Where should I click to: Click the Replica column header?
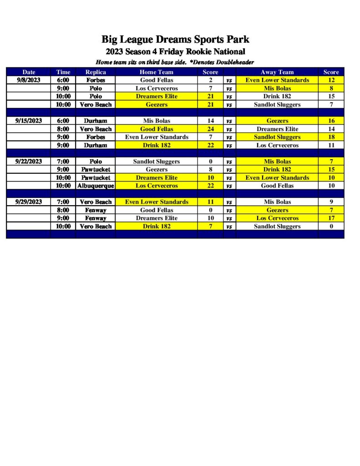(96, 72)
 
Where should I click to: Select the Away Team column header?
(277, 72)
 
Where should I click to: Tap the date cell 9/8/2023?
(29, 80)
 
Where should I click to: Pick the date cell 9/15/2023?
(29, 121)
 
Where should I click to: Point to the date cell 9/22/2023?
(29, 162)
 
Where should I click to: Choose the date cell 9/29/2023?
(29, 202)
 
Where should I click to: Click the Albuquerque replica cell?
(96, 186)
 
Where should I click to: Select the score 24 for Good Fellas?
(210, 129)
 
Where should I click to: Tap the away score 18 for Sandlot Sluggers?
(331, 137)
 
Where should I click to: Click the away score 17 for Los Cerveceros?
(331, 218)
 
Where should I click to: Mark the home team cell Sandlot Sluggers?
(157, 162)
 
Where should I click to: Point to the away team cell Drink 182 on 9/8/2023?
(277, 96)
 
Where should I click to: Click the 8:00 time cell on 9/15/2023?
(63, 129)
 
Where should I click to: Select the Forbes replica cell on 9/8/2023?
(96, 80)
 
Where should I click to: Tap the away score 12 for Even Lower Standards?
(331, 80)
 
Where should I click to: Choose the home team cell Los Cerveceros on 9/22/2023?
(157, 186)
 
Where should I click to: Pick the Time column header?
(63, 72)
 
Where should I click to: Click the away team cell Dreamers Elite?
(277, 129)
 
